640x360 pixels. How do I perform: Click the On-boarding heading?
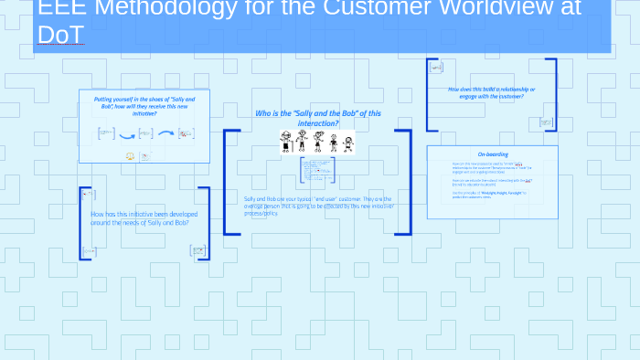[x=492, y=154]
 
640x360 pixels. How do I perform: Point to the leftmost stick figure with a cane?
[x=285, y=141]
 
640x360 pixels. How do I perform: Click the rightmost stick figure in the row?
[x=348, y=143]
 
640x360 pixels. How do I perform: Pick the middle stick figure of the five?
[x=318, y=142]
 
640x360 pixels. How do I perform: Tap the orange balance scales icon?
[x=130, y=156]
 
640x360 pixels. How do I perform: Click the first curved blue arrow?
[x=127, y=135]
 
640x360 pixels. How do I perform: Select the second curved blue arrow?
[x=166, y=133]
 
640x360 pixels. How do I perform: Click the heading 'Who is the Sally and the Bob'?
[x=317, y=118]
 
